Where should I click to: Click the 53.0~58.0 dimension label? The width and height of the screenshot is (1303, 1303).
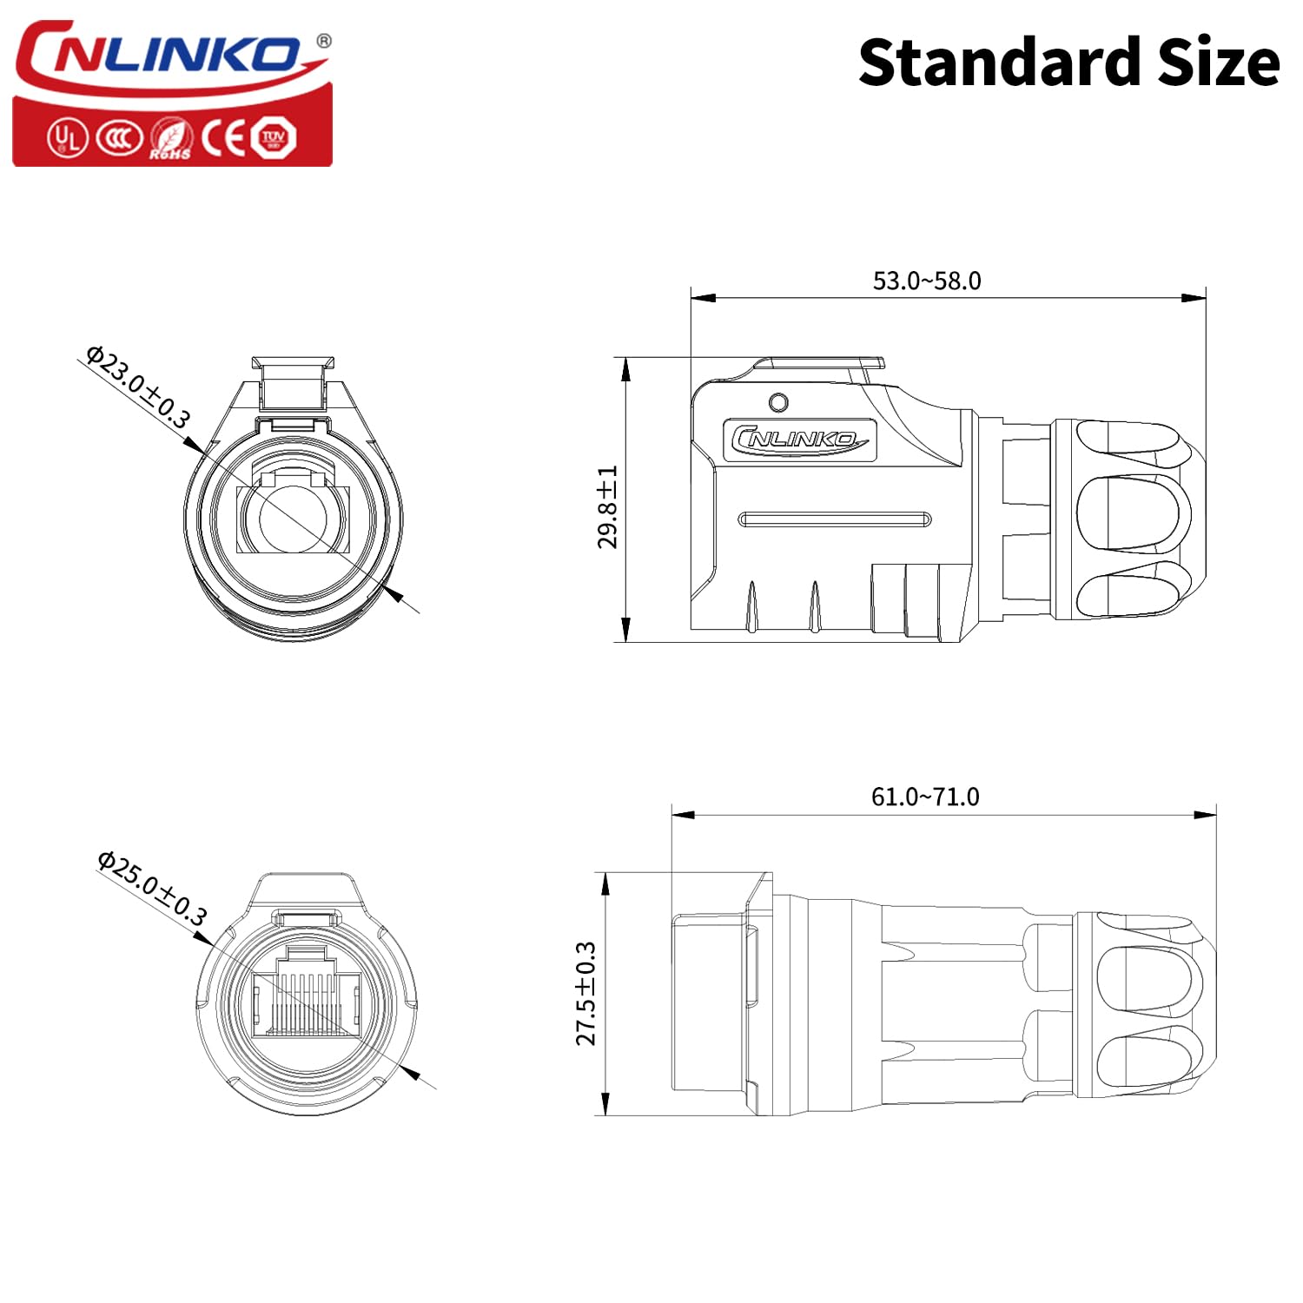coord(927,281)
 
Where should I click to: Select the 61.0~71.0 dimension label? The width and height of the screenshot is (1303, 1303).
coord(925,797)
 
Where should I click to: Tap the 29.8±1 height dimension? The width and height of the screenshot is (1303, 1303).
coord(607,507)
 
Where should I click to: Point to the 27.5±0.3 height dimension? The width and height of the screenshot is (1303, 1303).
coord(586,994)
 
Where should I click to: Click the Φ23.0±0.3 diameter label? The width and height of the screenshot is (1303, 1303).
coord(137,387)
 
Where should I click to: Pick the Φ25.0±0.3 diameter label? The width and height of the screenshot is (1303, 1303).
coord(152,888)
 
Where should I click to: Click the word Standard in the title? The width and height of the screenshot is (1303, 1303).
coord(999,63)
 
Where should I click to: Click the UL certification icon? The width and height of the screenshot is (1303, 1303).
coord(67,137)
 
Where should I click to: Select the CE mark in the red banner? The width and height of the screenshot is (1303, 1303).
coord(225,137)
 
